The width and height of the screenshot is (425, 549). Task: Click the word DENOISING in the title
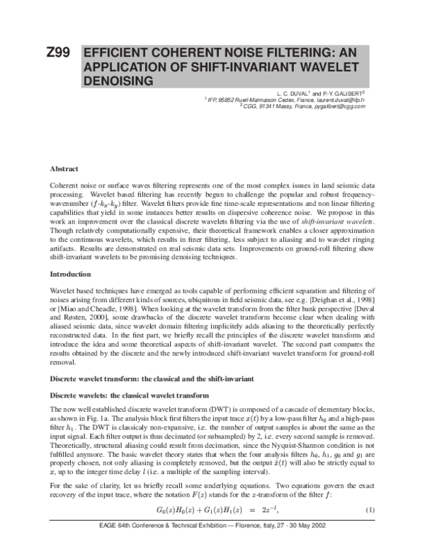point(118,81)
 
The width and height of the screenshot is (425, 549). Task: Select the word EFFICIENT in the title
point(120,54)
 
